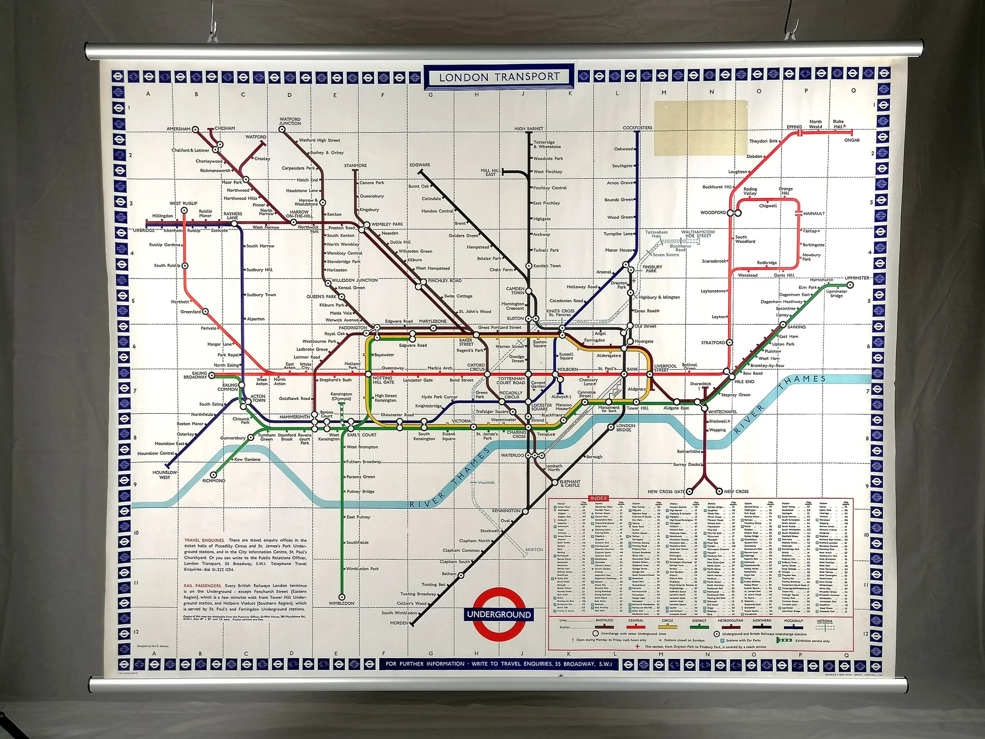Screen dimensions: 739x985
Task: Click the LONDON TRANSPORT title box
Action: (499, 77)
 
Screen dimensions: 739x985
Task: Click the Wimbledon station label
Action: (342, 603)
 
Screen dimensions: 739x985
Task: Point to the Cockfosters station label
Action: (637, 128)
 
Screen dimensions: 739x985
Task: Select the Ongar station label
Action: (851, 140)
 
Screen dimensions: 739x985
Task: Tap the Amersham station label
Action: (178, 129)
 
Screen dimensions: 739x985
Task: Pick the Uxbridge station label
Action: (143, 230)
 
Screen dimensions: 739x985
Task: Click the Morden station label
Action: (399, 623)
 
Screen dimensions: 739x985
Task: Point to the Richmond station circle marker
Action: (214, 475)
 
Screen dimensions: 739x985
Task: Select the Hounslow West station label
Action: (165, 475)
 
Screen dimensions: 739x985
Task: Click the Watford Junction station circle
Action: (281, 130)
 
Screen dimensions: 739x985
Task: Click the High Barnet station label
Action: (529, 129)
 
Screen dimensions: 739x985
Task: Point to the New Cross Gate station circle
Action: (689, 491)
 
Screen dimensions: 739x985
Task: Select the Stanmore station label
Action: (355, 166)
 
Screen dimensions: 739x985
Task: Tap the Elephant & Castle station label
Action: (571, 483)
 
